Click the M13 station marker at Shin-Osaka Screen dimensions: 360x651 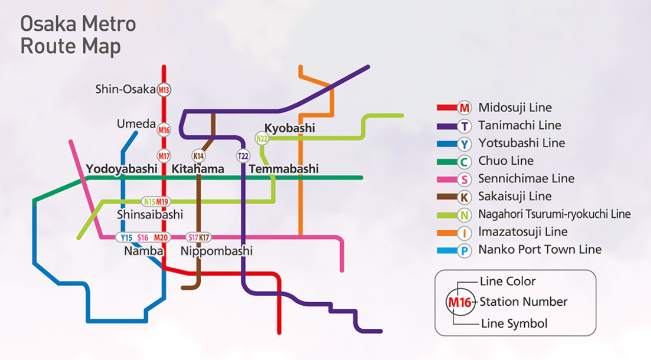[x=164, y=90]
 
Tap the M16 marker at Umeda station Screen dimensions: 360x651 [x=164, y=130]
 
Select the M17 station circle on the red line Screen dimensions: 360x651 [x=164, y=155]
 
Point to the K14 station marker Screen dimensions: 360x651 [x=198, y=155]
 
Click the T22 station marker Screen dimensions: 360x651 [x=243, y=155]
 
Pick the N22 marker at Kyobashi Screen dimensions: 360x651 [x=262, y=138]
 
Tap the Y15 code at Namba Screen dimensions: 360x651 [x=126, y=237]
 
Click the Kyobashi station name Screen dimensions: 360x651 [x=290, y=128]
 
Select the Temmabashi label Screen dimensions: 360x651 [x=284, y=169]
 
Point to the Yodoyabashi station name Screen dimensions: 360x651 [x=122, y=169]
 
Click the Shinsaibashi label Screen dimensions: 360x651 [x=150, y=214]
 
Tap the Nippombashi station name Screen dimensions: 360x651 [x=217, y=251]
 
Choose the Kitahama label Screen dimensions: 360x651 [x=198, y=169]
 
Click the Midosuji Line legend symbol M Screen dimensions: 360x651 [x=464, y=108]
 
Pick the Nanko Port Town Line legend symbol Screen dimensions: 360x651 [x=464, y=251]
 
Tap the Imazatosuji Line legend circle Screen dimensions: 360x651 [x=464, y=233]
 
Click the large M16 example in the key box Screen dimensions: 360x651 [x=459, y=302]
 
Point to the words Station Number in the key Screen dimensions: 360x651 [x=523, y=302]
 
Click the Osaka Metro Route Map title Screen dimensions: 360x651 [x=78, y=35]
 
